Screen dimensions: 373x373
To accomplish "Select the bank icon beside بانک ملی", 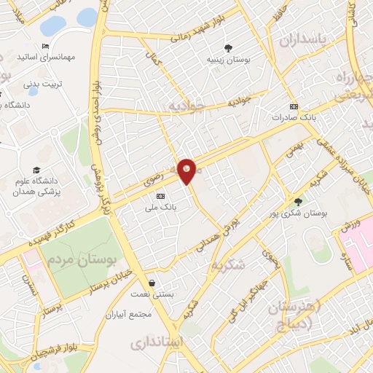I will click(160, 196).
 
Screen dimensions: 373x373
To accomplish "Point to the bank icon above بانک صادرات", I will click(294, 106).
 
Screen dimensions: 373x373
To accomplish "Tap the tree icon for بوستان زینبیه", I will click(230, 47).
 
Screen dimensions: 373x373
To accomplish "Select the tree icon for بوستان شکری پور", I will click(297, 202).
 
